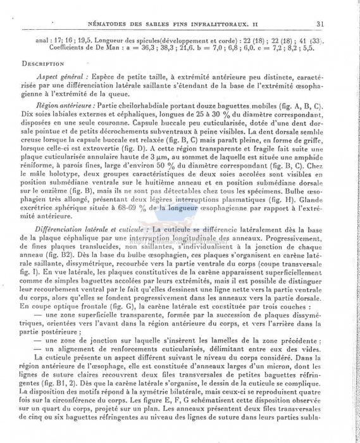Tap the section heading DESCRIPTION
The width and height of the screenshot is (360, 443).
(43, 63)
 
